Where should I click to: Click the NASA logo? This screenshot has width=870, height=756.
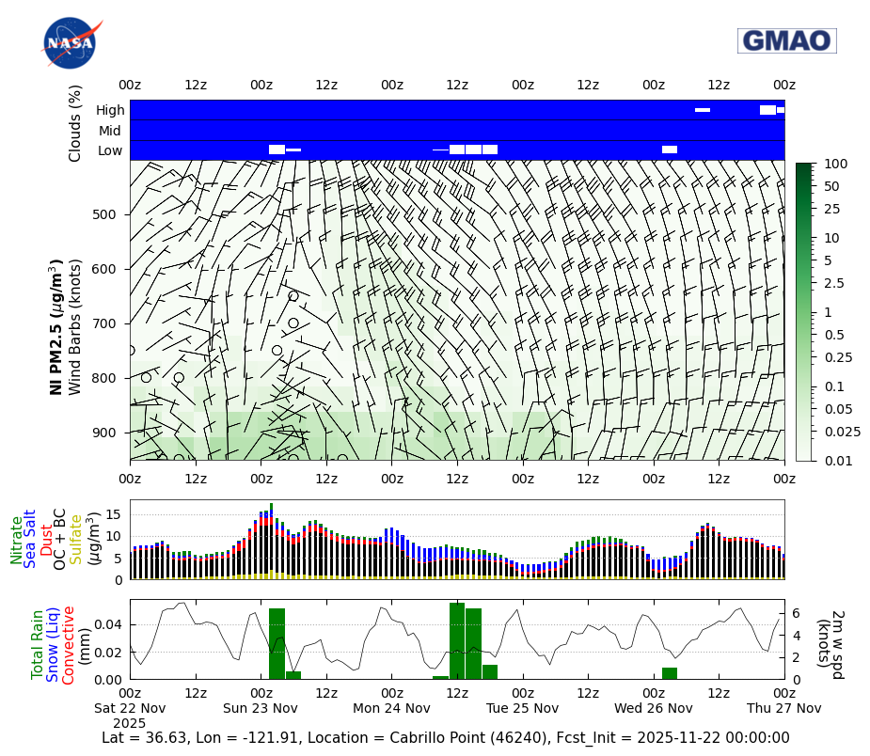[70, 43]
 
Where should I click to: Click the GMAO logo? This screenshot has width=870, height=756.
[786, 40]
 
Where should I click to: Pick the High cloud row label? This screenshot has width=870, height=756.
[110, 110]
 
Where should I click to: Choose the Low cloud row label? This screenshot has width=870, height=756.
[110, 150]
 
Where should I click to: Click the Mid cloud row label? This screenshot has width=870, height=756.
[110, 131]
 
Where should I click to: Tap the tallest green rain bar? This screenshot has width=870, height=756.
[457, 640]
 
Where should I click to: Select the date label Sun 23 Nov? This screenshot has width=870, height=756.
[261, 708]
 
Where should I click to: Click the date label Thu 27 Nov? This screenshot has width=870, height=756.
[784, 708]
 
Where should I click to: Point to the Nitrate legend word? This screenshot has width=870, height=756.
[17, 540]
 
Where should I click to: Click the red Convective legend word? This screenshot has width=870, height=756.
[69, 645]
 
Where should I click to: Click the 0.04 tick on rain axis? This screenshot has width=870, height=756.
[109, 624]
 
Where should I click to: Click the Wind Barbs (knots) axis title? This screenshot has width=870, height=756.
[75, 325]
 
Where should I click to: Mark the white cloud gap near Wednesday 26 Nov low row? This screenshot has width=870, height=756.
[670, 150]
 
